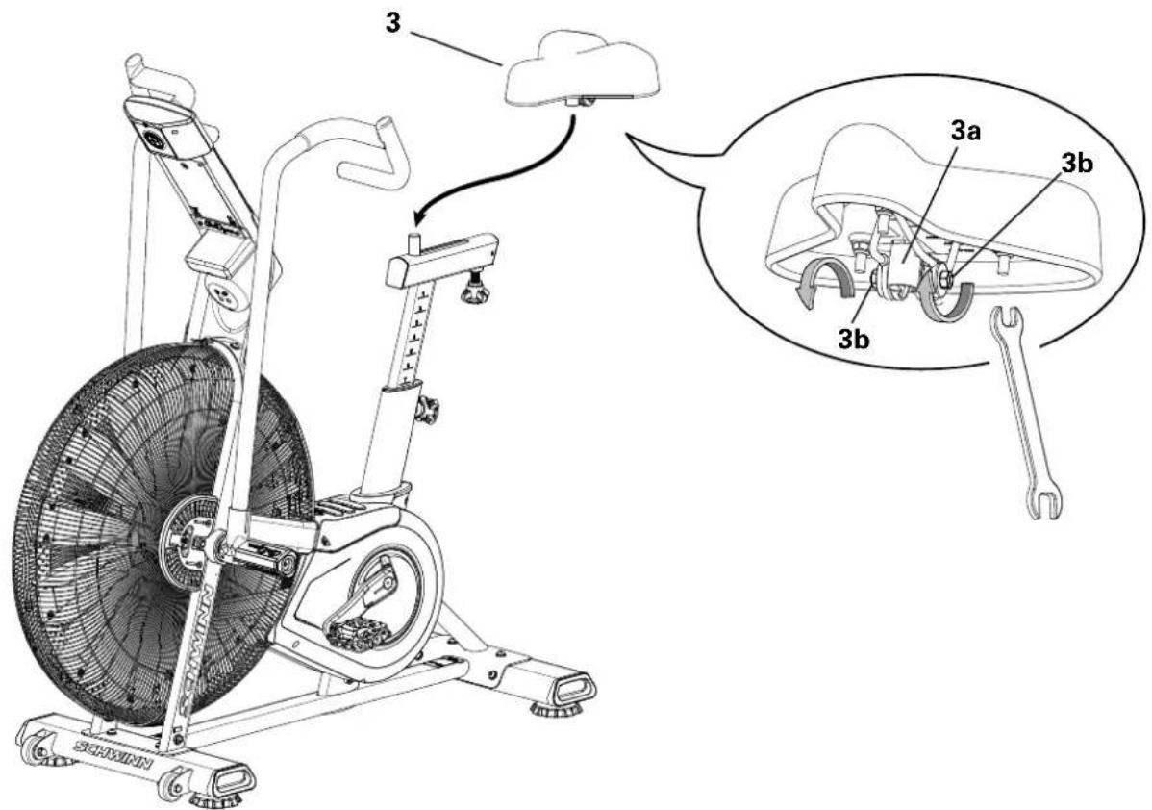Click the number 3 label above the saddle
click(x=392, y=23)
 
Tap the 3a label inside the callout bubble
click(x=965, y=136)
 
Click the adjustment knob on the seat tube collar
click(x=425, y=412)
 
